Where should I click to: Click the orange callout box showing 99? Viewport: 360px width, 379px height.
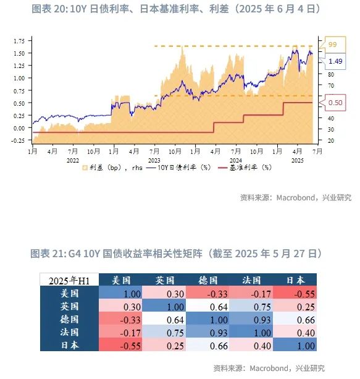(x=333, y=45)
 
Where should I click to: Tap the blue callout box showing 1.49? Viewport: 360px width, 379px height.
(x=335, y=61)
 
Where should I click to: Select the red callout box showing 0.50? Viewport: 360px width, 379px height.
(x=335, y=103)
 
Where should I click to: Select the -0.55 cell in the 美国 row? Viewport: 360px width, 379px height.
(x=298, y=293)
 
